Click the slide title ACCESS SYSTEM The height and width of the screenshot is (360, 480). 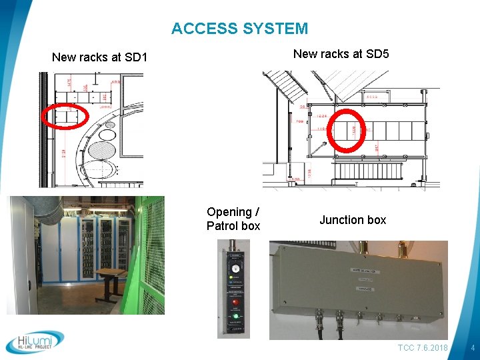click(239, 29)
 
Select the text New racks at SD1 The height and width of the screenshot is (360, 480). click(99, 57)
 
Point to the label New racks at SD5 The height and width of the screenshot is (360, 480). click(341, 54)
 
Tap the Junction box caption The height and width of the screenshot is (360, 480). click(353, 220)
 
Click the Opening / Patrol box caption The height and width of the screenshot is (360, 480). click(233, 219)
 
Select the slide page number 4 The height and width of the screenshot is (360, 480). click(472, 348)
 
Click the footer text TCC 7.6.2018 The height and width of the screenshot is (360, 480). click(423, 348)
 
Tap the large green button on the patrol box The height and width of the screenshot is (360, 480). click(235, 316)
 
